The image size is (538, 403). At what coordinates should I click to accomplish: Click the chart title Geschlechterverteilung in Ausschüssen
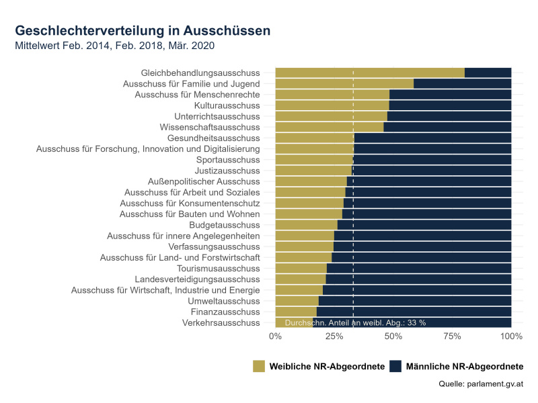point(143,31)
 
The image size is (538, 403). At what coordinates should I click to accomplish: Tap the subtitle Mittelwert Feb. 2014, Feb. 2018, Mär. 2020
point(114,46)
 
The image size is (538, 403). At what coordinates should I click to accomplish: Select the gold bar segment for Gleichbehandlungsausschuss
point(370,73)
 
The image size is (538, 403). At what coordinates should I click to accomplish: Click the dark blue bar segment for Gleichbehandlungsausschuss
point(488,73)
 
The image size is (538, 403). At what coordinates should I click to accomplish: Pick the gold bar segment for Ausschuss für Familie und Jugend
point(344,83)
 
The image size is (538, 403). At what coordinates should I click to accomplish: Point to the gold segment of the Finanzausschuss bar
point(296,312)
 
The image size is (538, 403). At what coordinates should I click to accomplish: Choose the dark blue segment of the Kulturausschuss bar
point(450,105)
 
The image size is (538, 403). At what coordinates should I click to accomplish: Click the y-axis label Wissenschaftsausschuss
point(209,127)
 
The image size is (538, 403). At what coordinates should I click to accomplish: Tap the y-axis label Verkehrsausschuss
point(221,323)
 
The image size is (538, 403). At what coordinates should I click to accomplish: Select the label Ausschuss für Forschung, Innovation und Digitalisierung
point(148,148)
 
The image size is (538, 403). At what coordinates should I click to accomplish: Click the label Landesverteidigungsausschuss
point(197,279)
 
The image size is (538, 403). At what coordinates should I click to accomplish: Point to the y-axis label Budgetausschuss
point(224,224)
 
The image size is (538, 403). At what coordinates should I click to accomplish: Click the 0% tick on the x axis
point(276,335)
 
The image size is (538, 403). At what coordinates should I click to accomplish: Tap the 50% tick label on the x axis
point(393,335)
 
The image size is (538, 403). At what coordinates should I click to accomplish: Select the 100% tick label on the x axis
point(511,335)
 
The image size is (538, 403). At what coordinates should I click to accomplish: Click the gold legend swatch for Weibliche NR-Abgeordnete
point(260,366)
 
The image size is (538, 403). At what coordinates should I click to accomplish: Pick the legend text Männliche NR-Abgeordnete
point(464,366)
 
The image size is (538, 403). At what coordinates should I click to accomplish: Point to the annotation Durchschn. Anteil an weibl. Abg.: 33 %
point(355,322)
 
